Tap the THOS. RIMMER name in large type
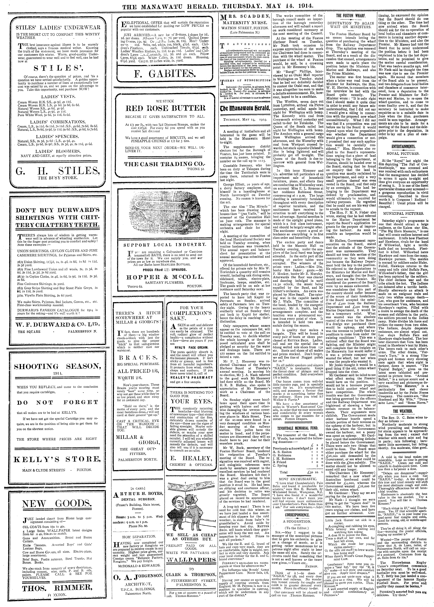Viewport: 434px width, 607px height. tap(56, 593)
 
